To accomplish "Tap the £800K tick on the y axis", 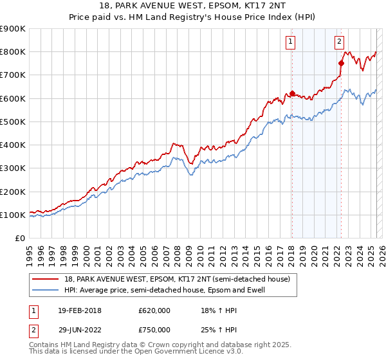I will [x=13, y=52].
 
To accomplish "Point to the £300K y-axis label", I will [x=13, y=168].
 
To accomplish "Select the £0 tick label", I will [x=19, y=239].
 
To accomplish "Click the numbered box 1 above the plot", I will [x=291, y=42].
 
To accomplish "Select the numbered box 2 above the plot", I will [x=339, y=42].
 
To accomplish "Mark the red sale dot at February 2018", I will [x=292, y=94].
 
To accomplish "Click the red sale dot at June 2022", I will [x=341, y=63].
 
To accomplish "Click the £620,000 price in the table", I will [x=154, y=310].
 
